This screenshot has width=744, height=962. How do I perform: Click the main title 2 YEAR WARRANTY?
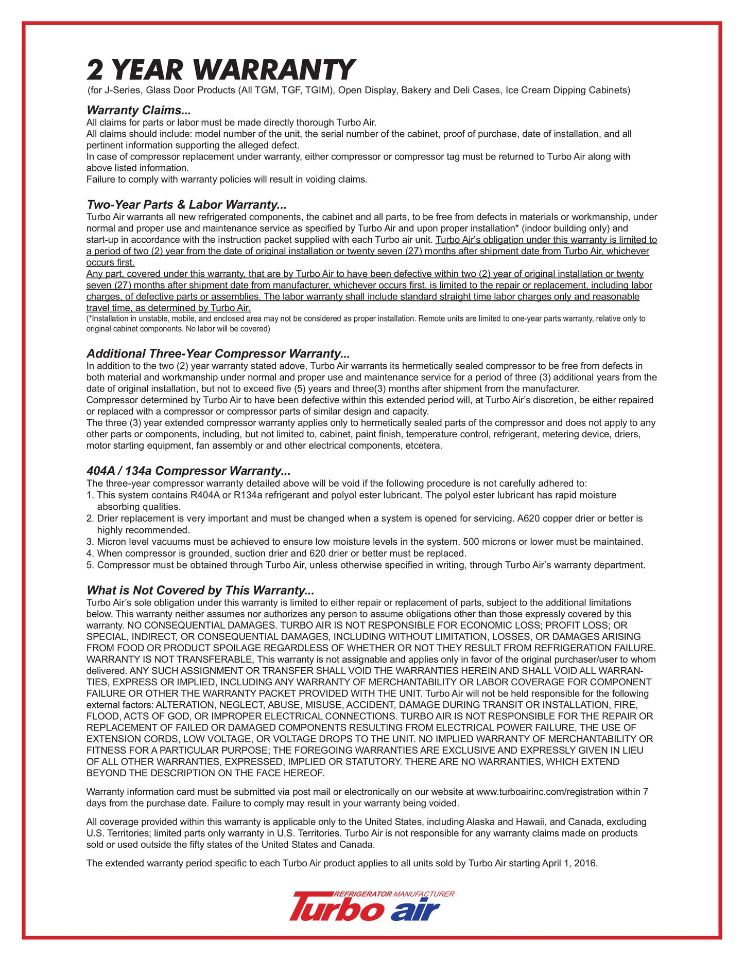220,70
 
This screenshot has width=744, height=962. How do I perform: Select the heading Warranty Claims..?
139,110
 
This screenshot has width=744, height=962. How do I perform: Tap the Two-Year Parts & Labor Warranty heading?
186,205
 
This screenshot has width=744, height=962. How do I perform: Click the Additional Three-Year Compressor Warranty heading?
218,353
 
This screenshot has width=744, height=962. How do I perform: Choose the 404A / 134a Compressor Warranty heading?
188,471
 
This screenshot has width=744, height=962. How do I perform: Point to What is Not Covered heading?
200,590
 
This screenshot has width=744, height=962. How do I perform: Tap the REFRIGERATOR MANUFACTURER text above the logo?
394,894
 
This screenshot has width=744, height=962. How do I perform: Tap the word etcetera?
423,446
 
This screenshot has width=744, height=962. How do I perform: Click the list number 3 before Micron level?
90,542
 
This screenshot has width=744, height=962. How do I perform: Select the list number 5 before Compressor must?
90,565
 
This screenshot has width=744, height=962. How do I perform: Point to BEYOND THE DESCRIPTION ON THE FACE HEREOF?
205,773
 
